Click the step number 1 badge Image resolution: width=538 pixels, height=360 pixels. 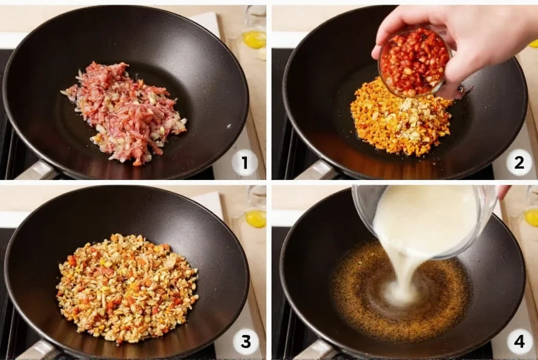click(x=245, y=163)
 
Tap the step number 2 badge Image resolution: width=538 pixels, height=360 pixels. click(x=518, y=163)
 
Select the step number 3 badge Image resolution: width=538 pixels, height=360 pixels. click(x=245, y=342)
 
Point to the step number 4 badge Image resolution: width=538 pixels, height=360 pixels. click(x=519, y=342)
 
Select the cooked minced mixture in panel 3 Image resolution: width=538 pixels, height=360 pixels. click(x=127, y=288)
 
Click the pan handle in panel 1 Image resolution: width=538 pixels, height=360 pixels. click(x=36, y=171)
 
